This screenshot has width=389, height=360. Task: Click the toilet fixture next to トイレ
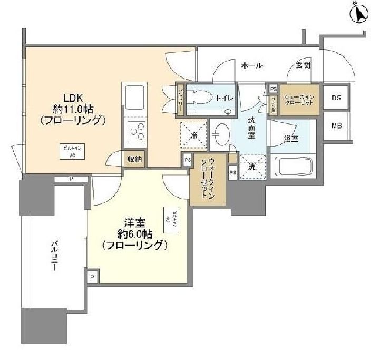tap(201, 98)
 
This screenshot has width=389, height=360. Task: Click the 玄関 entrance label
tap(303, 65)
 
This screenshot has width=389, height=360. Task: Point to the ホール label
tap(251, 65)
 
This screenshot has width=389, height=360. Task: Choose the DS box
tap(335, 98)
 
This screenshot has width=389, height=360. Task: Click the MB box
tap(335, 126)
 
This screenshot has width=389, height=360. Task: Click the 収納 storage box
tap(134, 158)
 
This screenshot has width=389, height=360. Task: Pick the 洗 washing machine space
tap(251, 167)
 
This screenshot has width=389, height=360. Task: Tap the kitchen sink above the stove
tap(134, 98)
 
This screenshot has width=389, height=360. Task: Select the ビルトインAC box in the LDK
tap(70, 150)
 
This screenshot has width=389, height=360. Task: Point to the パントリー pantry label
tap(180, 100)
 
